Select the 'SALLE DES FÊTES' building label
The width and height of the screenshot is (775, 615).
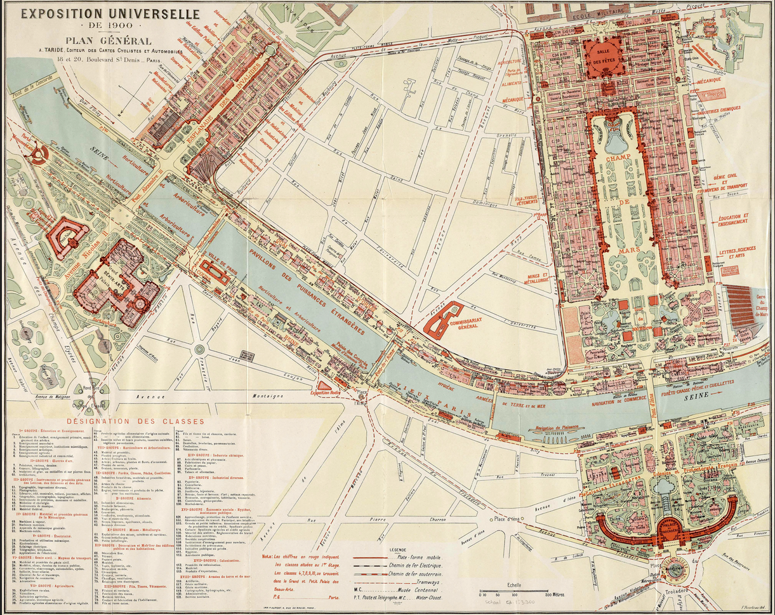(x=604, y=57)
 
